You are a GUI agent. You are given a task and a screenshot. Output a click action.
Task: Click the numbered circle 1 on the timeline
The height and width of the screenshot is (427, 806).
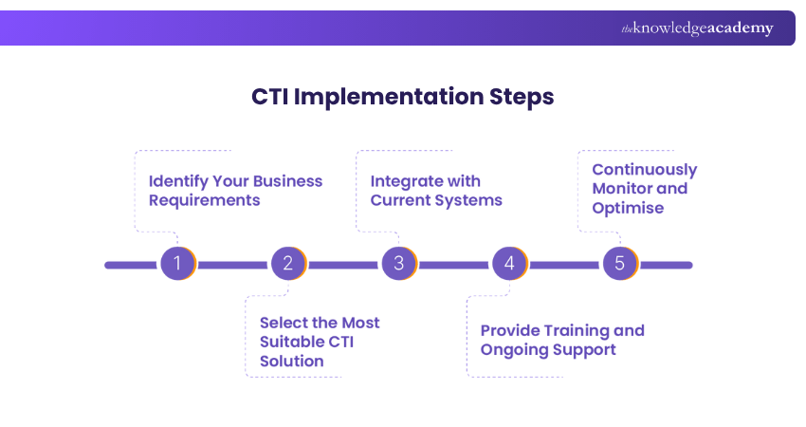[176, 264]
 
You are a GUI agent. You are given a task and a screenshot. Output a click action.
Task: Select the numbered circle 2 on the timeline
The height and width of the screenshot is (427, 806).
[287, 264]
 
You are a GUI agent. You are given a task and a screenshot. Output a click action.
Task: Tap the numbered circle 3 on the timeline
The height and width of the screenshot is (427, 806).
[398, 264]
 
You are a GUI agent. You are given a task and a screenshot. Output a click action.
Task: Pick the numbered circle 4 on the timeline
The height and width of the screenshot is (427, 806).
[509, 264]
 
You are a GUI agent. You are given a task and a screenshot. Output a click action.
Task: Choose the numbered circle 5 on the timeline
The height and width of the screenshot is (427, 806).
[619, 264]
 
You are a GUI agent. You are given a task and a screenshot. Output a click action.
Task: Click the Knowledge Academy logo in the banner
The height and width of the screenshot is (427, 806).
[697, 28]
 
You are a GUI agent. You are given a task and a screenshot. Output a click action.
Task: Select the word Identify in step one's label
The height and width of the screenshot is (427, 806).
[179, 181]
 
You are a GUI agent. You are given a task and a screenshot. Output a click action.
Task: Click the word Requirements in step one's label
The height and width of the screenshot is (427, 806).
[204, 200]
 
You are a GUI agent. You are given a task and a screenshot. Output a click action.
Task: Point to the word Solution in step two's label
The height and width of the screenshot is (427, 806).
[292, 361]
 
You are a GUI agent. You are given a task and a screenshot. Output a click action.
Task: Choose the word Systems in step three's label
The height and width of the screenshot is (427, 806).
[470, 200]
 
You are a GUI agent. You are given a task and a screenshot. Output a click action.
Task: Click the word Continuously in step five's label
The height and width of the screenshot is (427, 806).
[644, 170]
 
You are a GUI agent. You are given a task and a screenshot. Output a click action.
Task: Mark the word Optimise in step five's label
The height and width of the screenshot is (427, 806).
[628, 207]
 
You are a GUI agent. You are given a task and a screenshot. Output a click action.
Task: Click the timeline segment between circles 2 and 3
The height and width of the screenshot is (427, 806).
[343, 265]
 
